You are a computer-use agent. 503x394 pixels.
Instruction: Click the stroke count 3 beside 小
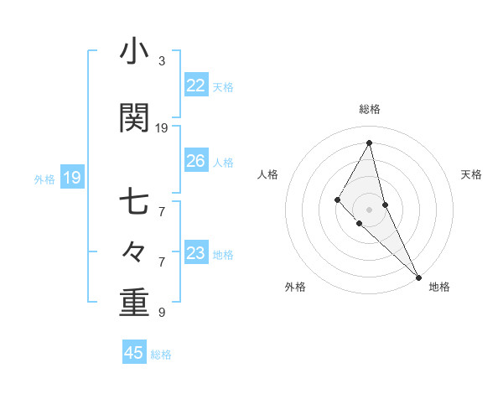click(x=162, y=61)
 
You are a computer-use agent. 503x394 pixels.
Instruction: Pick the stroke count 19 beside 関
click(x=162, y=128)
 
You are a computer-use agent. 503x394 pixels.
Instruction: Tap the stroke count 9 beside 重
click(x=162, y=313)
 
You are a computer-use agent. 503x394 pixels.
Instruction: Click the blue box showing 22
click(x=195, y=86)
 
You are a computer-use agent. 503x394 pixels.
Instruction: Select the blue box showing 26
click(x=195, y=161)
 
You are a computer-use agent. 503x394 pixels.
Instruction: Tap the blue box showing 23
click(x=195, y=253)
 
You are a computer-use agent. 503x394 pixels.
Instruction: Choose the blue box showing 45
click(x=134, y=353)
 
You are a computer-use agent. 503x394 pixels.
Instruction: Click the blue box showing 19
click(x=71, y=178)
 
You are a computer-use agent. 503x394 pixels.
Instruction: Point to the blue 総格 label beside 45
click(x=161, y=355)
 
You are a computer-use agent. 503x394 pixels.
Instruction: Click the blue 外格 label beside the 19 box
click(x=44, y=179)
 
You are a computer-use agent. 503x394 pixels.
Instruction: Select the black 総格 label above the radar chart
click(x=369, y=109)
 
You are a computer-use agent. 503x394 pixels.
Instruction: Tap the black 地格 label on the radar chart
click(x=439, y=287)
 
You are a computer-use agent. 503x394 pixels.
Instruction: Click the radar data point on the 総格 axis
click(x=369, y=143)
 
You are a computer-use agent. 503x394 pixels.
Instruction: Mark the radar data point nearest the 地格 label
click(x=418, y=277)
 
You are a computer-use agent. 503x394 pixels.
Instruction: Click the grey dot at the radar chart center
click(x=369, y=209)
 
